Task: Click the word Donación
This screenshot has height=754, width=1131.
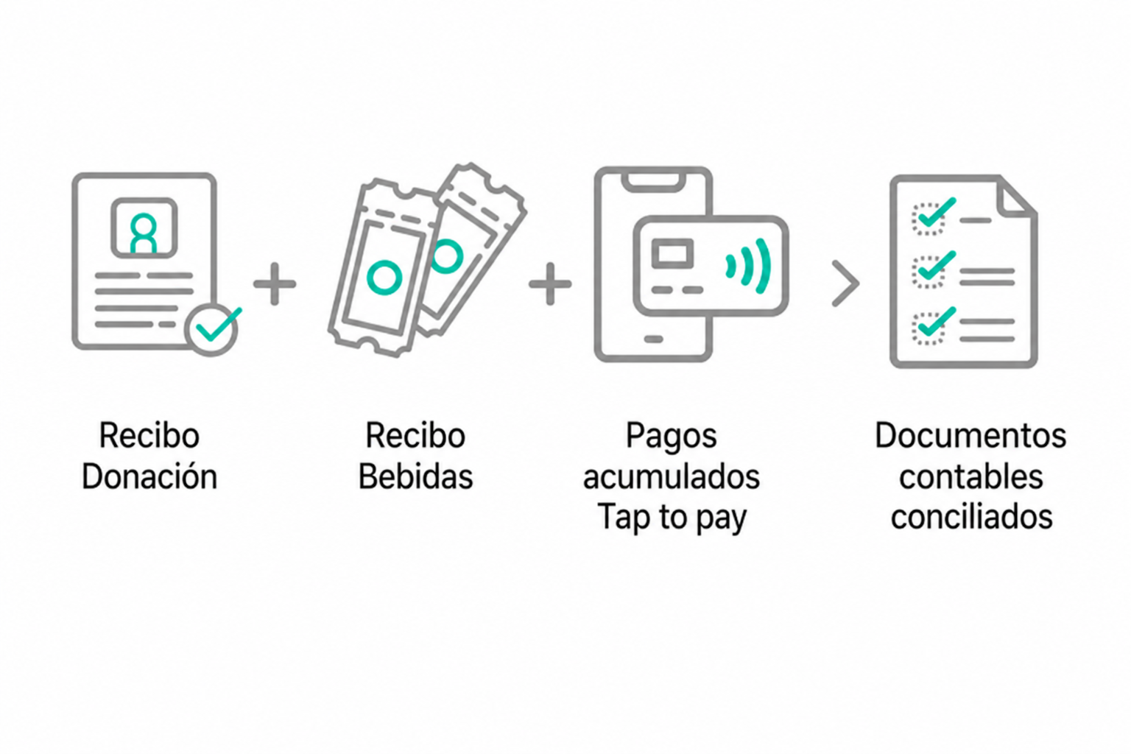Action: coord(149,476)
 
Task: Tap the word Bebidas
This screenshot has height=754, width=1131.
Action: coord(415,476)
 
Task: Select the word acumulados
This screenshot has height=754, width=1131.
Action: coord(671,476)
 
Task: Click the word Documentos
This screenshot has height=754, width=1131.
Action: coord(971,435)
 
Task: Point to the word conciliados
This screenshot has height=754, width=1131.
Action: coord(971,517)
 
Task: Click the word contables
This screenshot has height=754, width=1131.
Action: coord(971,476)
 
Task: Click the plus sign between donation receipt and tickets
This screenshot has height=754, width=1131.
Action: coord(275,283)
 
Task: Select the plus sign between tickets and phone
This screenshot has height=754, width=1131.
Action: coord(550,283)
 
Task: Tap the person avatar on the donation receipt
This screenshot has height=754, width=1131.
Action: coord(144,233)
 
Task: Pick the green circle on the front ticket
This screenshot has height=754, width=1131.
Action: coord(384,278)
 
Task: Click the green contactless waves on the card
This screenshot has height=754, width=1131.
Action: coord(748,266)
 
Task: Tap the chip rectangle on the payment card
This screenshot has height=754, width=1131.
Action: coord(672,253)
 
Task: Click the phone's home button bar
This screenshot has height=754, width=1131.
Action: coord(653,339)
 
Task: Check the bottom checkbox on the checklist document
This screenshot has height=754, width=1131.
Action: coord(928,328)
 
